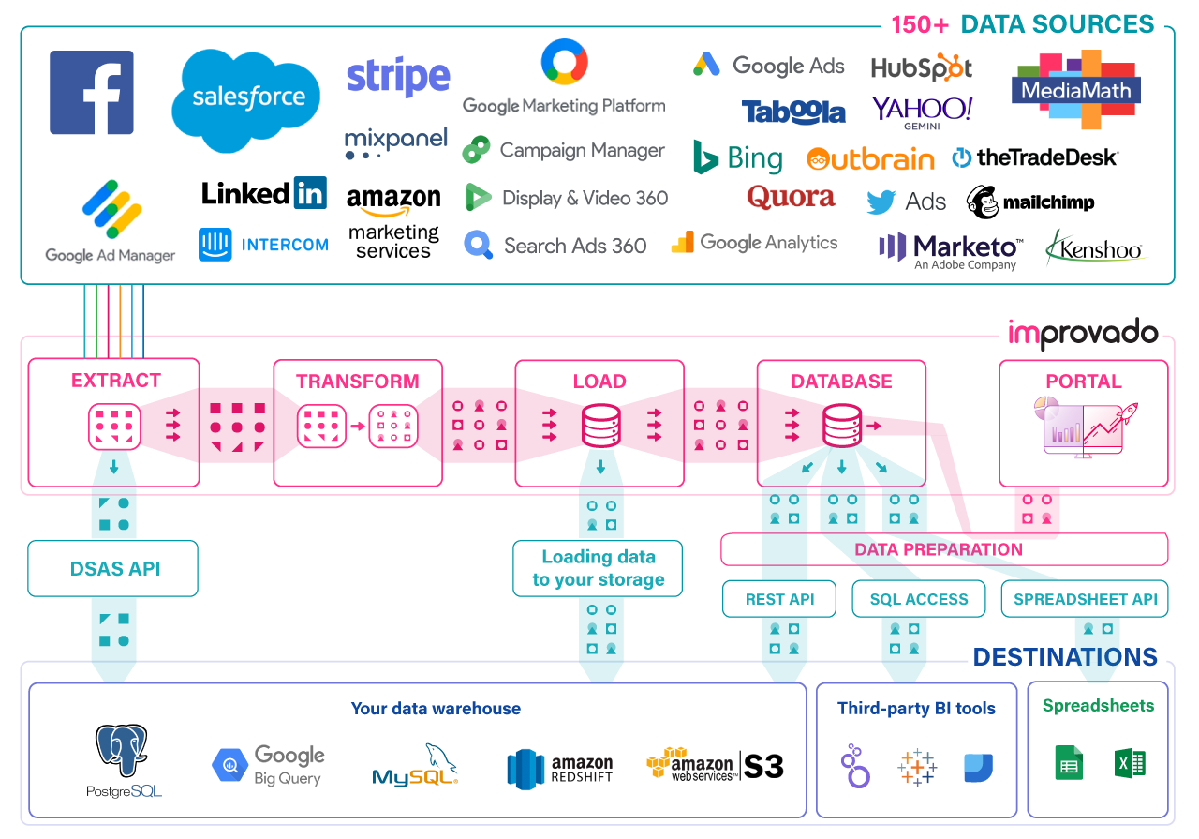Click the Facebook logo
[92, 93]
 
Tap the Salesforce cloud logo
[246, 98]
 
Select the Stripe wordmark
[398, 77]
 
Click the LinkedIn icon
[310, 192]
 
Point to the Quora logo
[792, 197]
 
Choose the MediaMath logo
[1075, 91]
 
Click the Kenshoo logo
[1095, 249]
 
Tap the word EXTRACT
[116, 381]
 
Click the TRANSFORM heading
[358, 382]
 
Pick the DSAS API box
[113, 568]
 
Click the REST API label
[779, 599]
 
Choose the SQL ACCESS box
[918, 599]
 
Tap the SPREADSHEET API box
[1085, 599]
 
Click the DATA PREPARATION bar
[939, 549]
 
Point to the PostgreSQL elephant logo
[125, 753]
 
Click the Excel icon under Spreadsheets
[1131, 765]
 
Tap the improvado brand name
[1082, 334]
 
